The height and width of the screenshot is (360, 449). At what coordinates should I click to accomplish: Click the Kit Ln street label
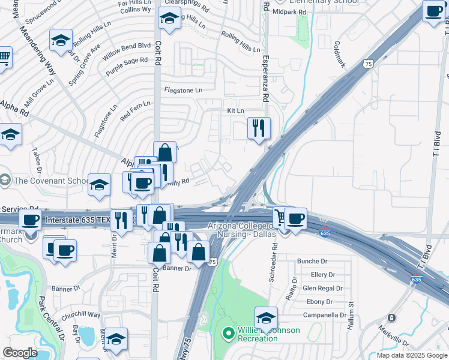click(x=235, y=111)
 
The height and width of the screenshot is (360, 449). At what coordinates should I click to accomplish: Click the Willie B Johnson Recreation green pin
click(x=228, y=332)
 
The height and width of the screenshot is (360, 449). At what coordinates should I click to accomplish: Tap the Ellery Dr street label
click(x=323, y=275)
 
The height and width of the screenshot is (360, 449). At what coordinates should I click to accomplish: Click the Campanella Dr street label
click(x=325, y=314)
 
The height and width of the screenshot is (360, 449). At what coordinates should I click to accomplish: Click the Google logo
click(x=20, y=353)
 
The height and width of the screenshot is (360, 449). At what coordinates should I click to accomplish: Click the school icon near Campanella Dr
click(x=266, y=318)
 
